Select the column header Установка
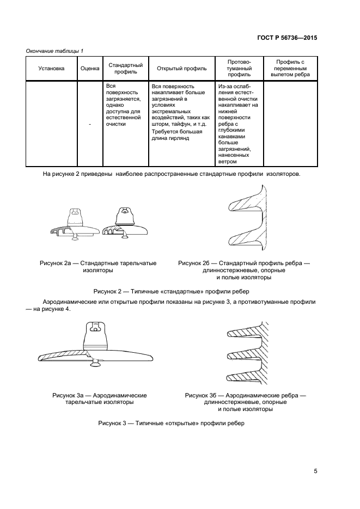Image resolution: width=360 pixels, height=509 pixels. [x=51, y=69]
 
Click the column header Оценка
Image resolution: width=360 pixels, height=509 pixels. [x=90, y=69]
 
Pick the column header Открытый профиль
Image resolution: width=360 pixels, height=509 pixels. [x=181, y=69]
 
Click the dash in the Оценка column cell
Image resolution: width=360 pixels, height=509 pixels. [x=90, y=124]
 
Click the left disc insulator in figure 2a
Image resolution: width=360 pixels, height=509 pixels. [x=72, y=224]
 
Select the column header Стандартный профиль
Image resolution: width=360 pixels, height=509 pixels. [x=126, y=69]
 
